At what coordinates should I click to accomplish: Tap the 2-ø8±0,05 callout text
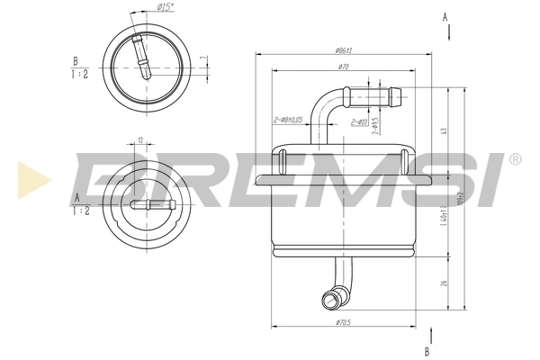[287, 120]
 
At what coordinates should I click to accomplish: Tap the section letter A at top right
[445, 16]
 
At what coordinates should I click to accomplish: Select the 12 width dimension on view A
[140, 140]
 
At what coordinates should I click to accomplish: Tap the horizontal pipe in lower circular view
[148, 205]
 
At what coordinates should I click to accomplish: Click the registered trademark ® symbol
[515, 159]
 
